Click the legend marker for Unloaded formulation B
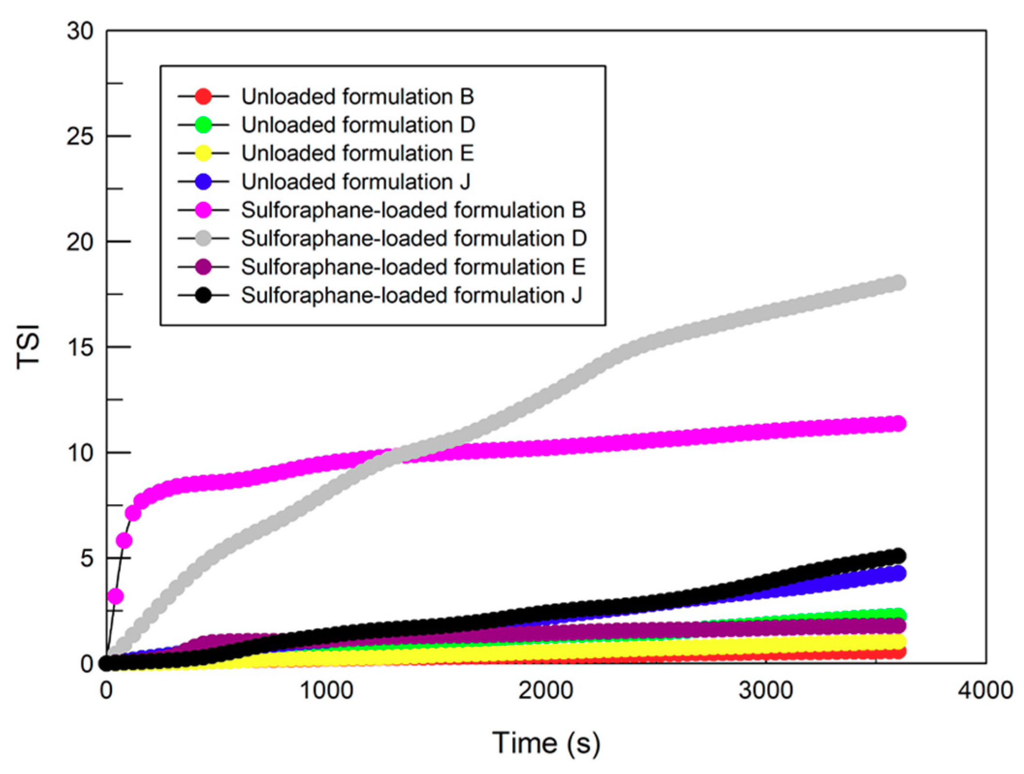[203, 96]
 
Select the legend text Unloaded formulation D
[358, 125]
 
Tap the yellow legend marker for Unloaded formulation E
[203, 154]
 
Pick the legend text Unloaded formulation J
[355, 182]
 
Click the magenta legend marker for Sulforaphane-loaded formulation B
[203, 210]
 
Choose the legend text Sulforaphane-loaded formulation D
[413, 238]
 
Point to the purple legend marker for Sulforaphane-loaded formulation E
[203, 267]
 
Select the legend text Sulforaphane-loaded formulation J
[411, 295]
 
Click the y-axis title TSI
[28, 347]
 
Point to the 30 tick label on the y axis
[80, 31]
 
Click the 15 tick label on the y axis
[80, 347]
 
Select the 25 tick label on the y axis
[80, 137]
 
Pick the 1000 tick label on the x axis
[326, 690]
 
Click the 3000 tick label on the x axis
[766, 690]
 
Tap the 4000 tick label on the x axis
[985, 690]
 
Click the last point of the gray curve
[898, 282]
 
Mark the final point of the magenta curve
[898, 423]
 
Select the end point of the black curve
[898, 555]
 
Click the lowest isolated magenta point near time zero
[115, 596]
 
